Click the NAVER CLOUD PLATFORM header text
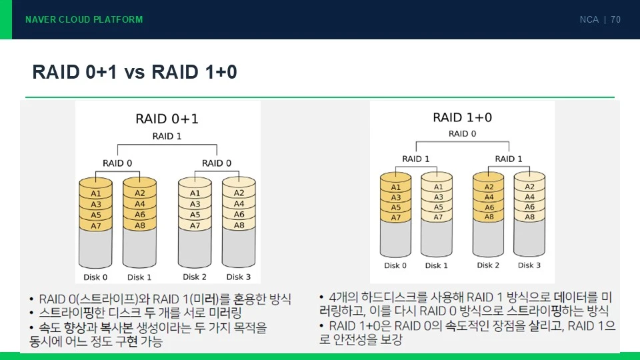84,19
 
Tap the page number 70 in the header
615,19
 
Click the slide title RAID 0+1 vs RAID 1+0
135,72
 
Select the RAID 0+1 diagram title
167,119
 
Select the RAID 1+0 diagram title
463,117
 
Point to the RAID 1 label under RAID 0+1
167,136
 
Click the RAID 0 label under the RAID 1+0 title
463,134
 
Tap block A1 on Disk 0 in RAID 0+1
95,193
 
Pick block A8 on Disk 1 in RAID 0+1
139,225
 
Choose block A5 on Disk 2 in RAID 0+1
195,214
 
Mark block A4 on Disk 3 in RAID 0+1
239,203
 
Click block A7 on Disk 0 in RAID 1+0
395,217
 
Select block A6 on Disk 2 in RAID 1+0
489,207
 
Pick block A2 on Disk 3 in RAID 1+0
529,187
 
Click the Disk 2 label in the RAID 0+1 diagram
194,277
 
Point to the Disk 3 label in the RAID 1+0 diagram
529,265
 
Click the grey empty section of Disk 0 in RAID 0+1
95,248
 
